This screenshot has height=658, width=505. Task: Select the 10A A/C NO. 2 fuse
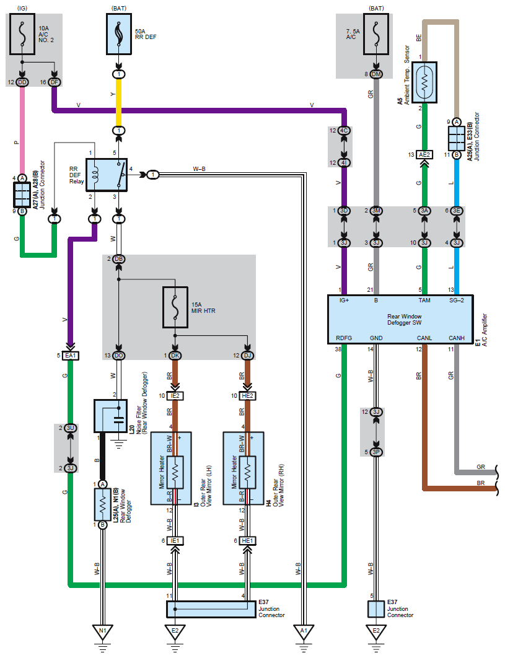23,36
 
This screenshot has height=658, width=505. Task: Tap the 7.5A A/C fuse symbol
376,36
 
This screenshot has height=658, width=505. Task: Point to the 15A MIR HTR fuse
176,307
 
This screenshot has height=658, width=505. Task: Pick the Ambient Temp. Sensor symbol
424,81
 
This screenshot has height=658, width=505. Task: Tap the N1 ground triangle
103,631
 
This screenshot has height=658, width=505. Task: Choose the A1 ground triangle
303,631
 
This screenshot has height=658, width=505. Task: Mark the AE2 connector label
424,154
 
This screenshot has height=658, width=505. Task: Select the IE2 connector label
175,396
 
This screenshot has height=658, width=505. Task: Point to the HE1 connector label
247,541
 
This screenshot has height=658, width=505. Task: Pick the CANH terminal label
457,338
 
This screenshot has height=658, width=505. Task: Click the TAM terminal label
424,300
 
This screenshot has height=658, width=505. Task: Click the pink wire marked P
23,130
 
